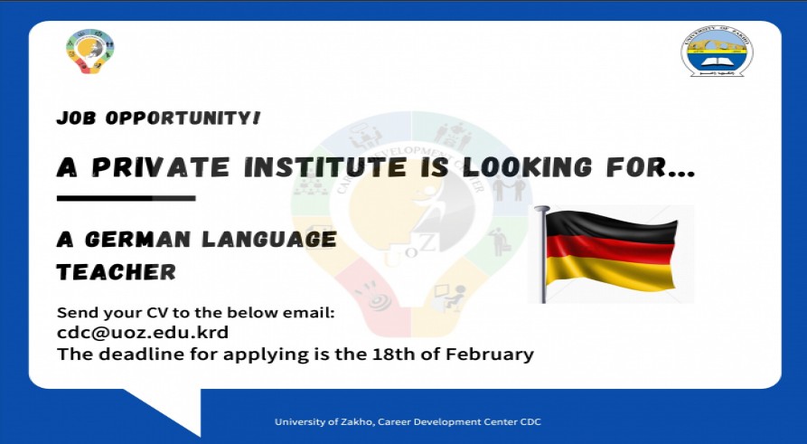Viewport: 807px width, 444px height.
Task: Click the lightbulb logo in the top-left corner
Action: [90, 52]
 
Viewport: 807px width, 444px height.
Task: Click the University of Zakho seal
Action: [717, 52]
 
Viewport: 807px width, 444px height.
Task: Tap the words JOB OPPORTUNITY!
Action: [158, 118]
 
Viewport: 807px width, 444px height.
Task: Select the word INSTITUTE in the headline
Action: [317, 167]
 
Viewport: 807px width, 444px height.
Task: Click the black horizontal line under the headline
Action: [126, 198]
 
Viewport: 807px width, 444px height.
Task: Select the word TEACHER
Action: [116, 271]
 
